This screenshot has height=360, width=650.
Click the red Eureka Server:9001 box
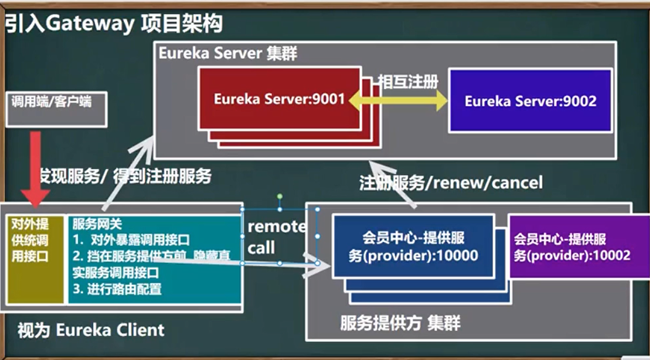pos(279,98)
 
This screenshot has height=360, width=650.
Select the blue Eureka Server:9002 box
pos(530,100)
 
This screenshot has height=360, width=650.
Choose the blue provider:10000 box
pos(413,246)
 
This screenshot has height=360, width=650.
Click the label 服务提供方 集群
pos(400,323)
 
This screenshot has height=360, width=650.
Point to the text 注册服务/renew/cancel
pos(450,182)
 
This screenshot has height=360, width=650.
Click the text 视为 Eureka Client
pos(91,330)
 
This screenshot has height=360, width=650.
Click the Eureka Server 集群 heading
pos(228,53)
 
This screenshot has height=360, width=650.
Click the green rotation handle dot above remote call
pos(280,196)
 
